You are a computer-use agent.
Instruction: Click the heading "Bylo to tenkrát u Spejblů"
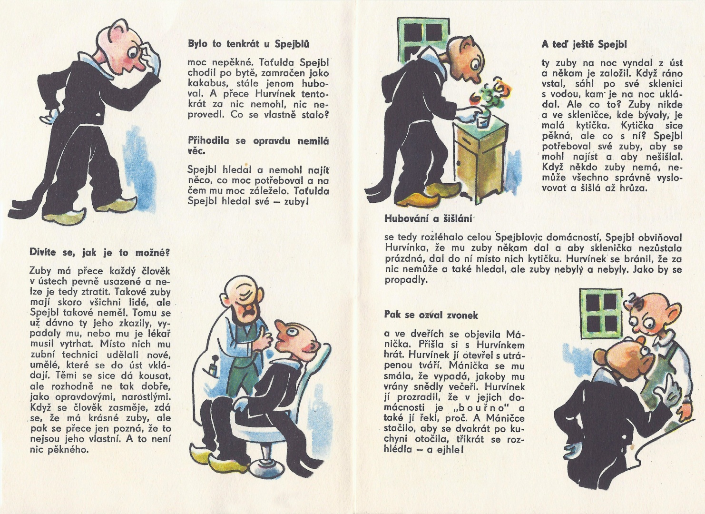249,44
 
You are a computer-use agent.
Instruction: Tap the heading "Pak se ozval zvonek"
431,315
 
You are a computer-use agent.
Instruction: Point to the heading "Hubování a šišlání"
429,219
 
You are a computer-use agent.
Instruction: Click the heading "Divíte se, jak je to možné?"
99,253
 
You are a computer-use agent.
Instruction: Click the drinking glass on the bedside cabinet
482,121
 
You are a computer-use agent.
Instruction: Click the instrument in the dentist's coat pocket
214,366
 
